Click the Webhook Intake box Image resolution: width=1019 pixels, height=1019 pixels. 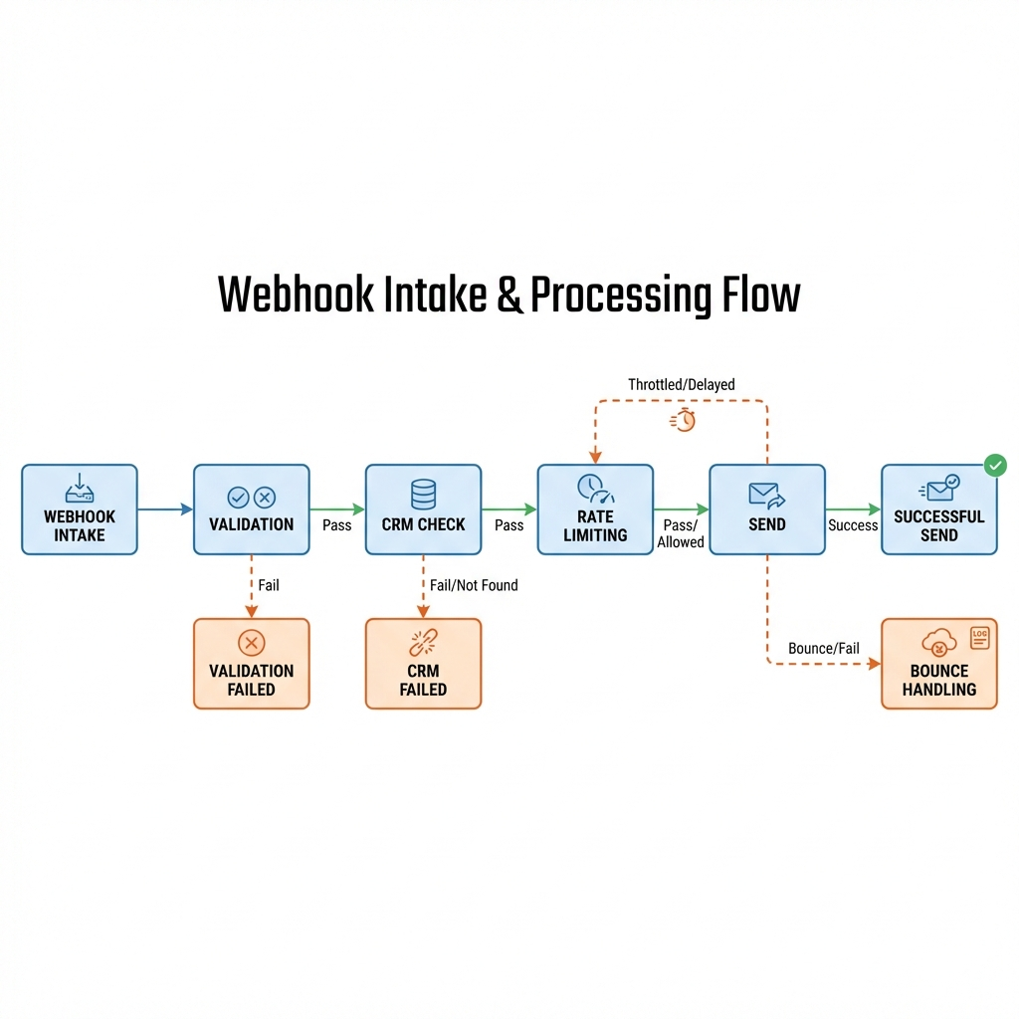pos(80,509)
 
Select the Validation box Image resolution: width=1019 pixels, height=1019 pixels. pos(251,509)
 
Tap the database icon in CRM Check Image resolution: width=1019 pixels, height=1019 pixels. pos(423,494)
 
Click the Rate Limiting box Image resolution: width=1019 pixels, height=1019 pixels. pos(595,509)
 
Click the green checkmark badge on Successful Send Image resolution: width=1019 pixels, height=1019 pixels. pos(994,465)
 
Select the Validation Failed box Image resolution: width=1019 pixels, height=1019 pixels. pos(251,663)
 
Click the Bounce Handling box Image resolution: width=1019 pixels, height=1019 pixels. pos(938,663)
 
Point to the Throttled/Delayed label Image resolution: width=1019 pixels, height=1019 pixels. pos(682,384)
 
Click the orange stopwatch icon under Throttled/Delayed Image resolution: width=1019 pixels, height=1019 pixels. pos(685,420)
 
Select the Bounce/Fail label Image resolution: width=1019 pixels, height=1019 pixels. pos(823,648)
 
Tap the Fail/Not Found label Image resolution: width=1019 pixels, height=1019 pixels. pos(474,585)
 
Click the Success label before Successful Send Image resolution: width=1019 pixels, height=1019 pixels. pos(853,525)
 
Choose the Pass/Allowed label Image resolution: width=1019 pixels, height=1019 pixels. pos(681,533)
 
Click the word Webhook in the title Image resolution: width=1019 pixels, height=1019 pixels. pos(296,296)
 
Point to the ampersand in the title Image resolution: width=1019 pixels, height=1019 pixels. pos(509,297)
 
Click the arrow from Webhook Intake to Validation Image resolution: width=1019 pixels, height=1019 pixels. pos(165,509)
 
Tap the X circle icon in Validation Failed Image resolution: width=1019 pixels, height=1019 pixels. pos(251,643)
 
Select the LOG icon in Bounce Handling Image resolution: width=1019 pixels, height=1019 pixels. pos(980,638)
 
